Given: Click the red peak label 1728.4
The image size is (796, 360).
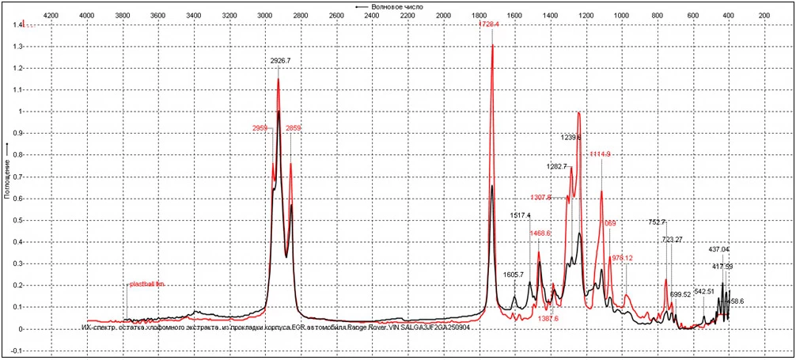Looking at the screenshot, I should click(490, 25).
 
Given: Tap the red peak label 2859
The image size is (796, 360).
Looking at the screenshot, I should click(293, 128).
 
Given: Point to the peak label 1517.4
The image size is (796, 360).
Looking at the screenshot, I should click(520, 215).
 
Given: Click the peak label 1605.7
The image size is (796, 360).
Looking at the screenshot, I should click(514, 275).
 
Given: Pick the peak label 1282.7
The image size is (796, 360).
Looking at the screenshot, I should click(557, 167).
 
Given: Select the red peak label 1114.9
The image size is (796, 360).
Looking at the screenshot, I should click(600, 154).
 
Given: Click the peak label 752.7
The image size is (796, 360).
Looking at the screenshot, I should click(657, 222).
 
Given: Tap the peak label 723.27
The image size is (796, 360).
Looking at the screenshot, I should click(672, 240).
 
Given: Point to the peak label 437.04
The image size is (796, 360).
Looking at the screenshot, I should click(719, 250).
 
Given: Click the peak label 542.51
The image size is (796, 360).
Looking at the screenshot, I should click(704, 291).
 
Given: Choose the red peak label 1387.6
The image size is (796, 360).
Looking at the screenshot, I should click(548, 318).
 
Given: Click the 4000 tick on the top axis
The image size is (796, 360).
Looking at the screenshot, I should click(88, 14).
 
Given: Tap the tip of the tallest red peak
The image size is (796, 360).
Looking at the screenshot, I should click(493, 44).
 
